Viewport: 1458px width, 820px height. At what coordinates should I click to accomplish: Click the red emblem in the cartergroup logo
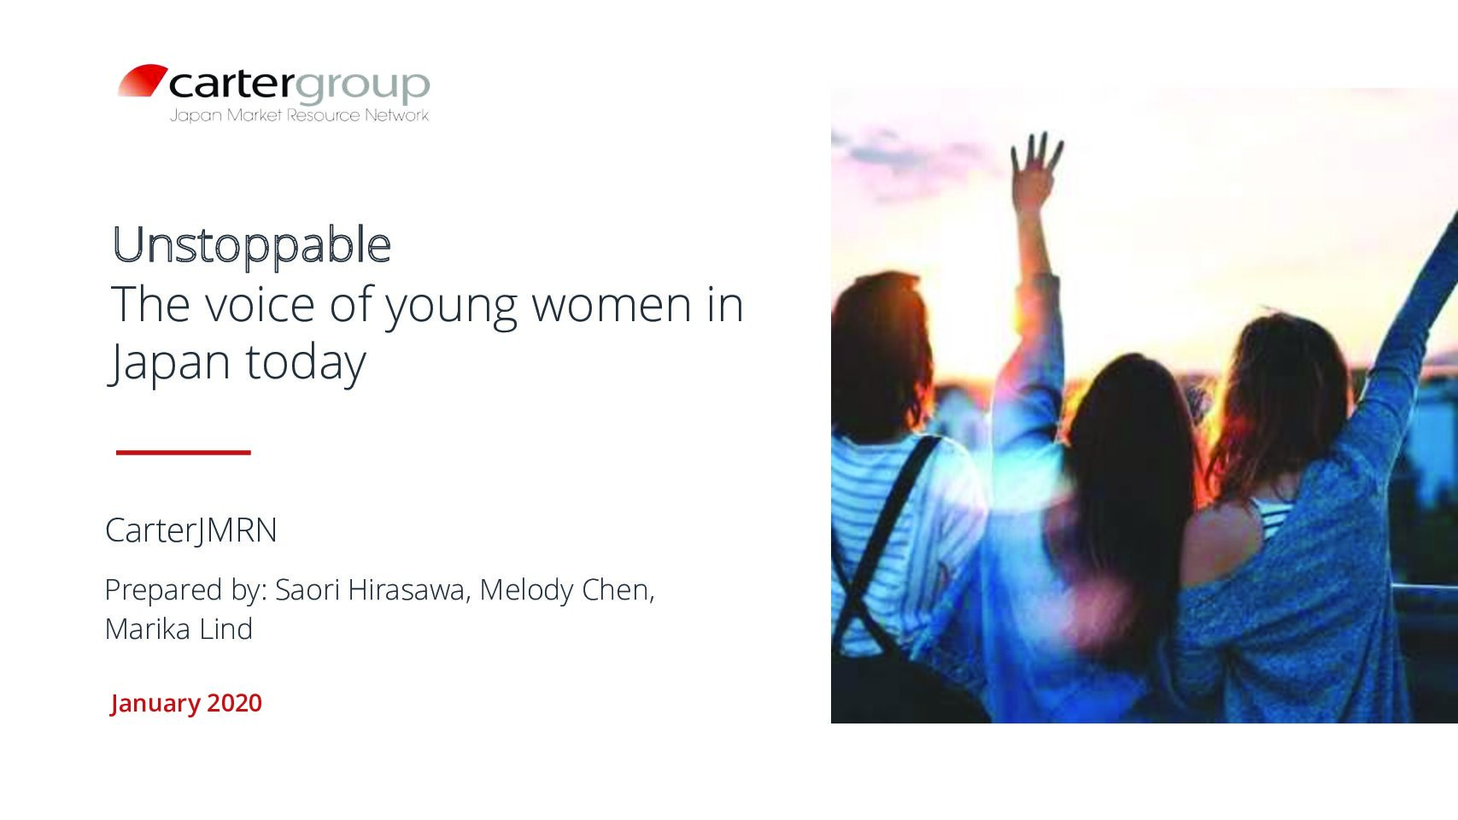pyautogui.click(x=143, y=80)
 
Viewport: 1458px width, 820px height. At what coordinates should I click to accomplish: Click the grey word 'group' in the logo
pyautogui.click(x=362, y=85)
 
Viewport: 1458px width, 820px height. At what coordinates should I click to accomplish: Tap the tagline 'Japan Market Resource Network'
pyautogui.click(x=300, y=115)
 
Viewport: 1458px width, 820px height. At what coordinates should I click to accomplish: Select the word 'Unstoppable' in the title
pyautogui.click(x=251, y=245)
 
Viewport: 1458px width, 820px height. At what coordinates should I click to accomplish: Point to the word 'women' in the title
pyautogui.click(x=612, y=305)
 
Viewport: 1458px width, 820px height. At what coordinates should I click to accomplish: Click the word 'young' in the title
pyautogui.click(x=450, y=307)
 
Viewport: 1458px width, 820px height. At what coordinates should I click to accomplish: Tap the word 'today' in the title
pyautogui.click(x=305, y=362)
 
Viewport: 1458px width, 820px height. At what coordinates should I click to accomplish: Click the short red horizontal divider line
pyautogui.click(x=184, y=453)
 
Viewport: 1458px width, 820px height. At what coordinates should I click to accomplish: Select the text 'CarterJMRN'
pyautogui.click(x=191, y=530)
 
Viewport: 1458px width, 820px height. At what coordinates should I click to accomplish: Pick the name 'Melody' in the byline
pyautogui.click(x=527, y=591)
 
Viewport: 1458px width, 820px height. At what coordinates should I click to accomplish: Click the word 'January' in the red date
pyautogui.click(x=155, y=704)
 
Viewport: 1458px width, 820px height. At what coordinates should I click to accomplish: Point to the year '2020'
pyautogui.click(x=234, y=703)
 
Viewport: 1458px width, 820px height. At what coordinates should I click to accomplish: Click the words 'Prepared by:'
pyautogui.click(x=186, y=591)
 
